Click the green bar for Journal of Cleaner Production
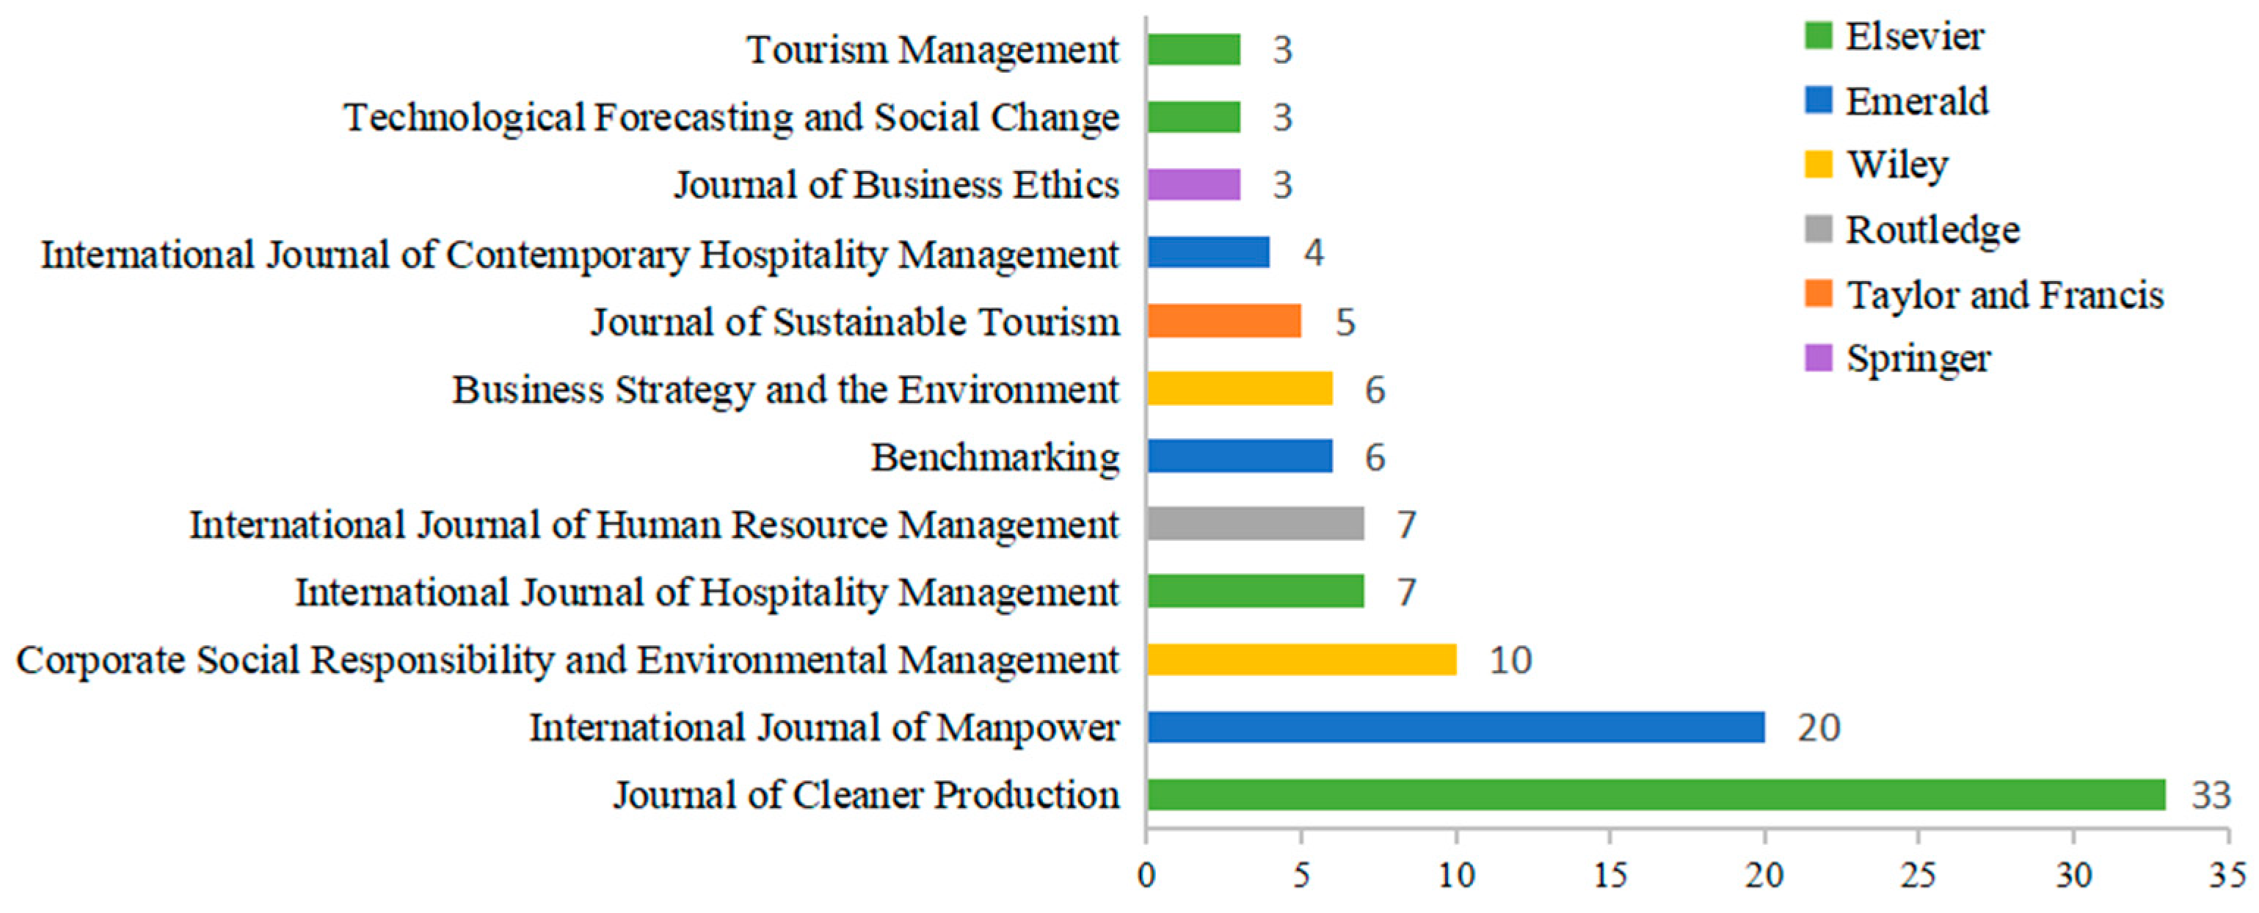(1656, 795)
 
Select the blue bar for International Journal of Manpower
(1455, 727)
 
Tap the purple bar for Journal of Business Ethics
(1193, 185)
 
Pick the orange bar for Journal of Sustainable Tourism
(1224, 321)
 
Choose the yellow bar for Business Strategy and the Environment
(1240, 388)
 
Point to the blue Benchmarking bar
(1240, 456)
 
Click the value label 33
(2211, 795)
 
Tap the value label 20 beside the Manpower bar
(1819, 727)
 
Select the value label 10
(1510, 660)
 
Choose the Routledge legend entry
(1932, 230)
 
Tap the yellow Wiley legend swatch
(1819, 164)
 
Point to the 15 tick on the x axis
(1610, 876)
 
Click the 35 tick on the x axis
(2227, 876)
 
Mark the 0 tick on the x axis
(1146, 876)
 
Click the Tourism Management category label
(932, 49)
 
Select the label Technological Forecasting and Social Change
(732, 117)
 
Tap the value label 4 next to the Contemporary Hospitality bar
(1313, 252)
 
